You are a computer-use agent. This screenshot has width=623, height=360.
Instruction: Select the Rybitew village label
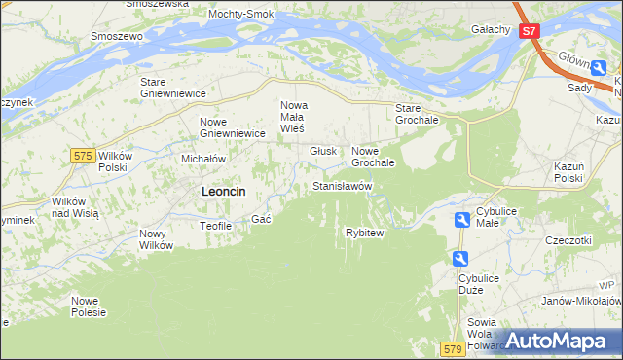365,233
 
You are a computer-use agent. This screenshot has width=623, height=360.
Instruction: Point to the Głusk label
323,151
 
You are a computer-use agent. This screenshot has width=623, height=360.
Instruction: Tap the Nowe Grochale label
373,157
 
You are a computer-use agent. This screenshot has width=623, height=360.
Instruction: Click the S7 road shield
529,31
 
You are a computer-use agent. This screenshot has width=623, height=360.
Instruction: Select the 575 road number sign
83,156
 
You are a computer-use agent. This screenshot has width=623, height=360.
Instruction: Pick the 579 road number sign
451,347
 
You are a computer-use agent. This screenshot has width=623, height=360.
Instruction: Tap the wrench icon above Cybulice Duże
460,258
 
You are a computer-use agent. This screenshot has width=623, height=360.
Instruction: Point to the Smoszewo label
117,36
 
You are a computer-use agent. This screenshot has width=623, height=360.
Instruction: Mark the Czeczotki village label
568,239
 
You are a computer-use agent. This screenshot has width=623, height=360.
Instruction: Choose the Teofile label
215,225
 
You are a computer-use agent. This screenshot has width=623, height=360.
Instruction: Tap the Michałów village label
203,158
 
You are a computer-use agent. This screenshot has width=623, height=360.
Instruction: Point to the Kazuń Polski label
568,173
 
